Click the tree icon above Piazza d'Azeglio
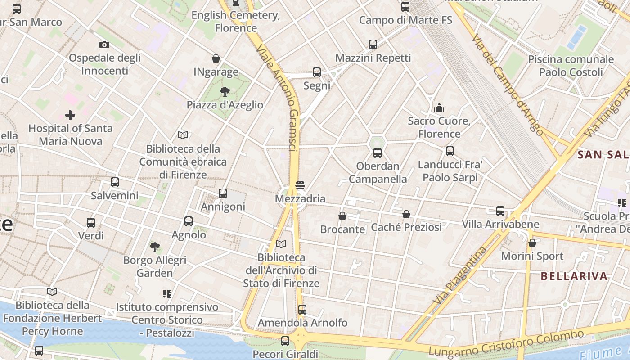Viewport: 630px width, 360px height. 225,92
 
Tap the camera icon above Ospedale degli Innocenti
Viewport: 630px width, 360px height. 104,45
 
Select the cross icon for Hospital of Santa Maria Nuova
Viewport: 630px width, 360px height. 70,115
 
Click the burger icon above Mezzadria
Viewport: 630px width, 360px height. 300,185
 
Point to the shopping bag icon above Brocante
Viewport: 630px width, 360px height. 342,216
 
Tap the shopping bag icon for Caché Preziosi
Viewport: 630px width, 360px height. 406,214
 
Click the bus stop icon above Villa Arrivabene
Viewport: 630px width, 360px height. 500,211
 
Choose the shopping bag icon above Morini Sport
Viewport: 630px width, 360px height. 532,243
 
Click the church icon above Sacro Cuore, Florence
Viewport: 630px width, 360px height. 439,108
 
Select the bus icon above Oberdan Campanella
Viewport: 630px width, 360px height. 378,153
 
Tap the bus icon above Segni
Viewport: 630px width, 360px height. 317,72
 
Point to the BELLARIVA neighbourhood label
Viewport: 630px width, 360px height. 574,276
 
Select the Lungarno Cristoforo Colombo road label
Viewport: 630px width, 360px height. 506,343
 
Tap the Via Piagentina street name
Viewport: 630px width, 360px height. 459,275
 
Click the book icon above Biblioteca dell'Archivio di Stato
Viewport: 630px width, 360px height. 281,244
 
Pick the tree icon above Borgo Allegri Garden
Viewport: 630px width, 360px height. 155,247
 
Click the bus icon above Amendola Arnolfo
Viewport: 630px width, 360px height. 302,310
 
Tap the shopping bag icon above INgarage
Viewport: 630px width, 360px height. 216,58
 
